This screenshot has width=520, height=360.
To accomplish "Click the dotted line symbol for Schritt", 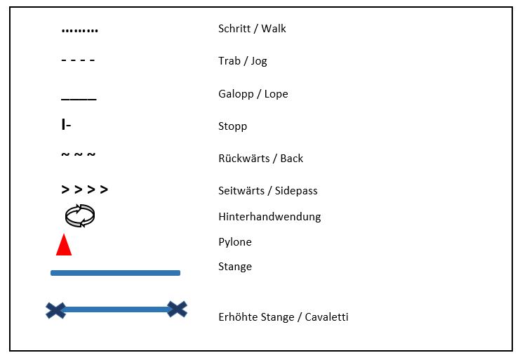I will tap(80, 31).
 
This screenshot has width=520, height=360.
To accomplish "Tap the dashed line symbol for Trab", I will tap(78, 60).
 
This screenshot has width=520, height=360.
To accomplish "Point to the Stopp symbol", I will tap(66, 126).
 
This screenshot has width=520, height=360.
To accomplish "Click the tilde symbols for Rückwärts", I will tap(78, 155).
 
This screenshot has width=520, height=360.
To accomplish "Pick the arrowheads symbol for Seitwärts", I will tap(84, 190).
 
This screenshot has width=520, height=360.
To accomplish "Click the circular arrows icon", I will tap(79, 215).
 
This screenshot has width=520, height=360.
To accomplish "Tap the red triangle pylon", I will tap(64, 245).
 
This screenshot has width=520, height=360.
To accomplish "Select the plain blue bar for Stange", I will tap(115, 273).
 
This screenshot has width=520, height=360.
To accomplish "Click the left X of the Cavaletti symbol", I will tap(55, 309).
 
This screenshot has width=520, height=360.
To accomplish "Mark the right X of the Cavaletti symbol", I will tap(177, 309).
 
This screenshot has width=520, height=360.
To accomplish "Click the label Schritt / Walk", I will tap(252, 29).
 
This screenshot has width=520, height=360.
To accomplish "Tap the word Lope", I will tap(276, 94).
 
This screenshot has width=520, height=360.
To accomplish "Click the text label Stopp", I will tap(232, 127).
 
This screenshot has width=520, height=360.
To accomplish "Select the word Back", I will tap(291, 159).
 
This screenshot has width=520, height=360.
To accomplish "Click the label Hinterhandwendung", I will tap(269, 216).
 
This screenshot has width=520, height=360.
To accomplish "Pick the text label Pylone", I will tap(234, 242).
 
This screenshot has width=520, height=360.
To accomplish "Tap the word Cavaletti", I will tap(324, 317).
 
